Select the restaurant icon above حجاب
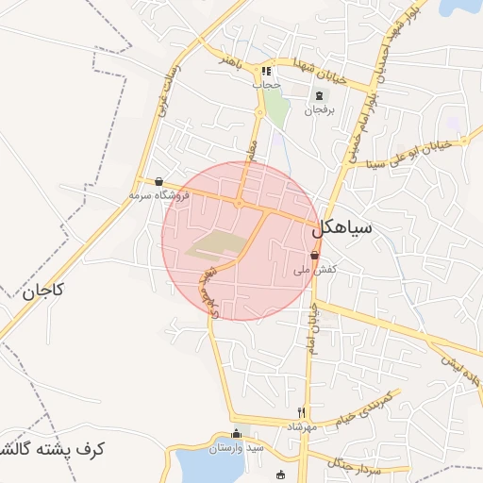267,71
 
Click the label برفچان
319,110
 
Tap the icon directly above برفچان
319,95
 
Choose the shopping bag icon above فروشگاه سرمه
158,182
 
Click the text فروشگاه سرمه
159,195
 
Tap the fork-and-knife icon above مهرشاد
302,412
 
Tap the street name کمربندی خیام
366,404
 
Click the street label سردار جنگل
355,459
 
